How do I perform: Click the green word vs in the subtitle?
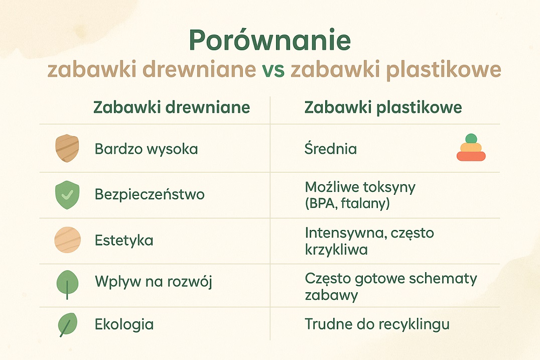click(x=273, y=70)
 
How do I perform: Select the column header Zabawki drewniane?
click(x=172, y=108)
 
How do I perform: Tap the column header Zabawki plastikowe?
click(x=383, y=108)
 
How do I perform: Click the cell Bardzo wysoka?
click(x=146, y=149)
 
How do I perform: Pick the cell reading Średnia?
click(x=331, y=149)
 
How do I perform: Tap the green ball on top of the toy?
click(x=471, y=139)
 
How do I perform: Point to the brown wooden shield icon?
click(x=67, y=149)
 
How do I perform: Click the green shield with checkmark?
click(x=67, y=195)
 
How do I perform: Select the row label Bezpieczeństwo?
click(x=150, y=195)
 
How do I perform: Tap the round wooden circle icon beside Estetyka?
click(x=67, y=240)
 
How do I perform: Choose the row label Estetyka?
click(x=124, y=241)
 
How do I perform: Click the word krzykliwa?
click(x=336, y=249)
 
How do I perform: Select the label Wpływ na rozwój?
click(x=153, y=282)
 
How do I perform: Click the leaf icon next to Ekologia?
click(x=66, y=324)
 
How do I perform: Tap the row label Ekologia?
click(x=124, y=324)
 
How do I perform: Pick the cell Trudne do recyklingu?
click(x=377, y=325)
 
